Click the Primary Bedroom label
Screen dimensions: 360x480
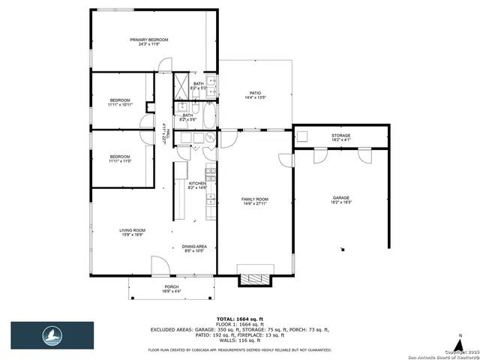tap(148, 42)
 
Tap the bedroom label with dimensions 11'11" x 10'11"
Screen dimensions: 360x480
tap(120, 103)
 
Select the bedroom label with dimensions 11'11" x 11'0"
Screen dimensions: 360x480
tap(120, 158)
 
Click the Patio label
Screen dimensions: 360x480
tap(255, 95)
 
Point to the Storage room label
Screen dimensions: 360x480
tap(341, 137)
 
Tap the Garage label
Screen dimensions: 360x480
tap(341, 200)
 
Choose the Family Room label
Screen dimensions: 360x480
tap(254, 200)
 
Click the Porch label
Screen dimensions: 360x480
tap(172, 289)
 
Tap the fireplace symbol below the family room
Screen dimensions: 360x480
tap(253, 280)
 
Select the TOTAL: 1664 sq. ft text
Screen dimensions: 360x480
tap(239, 319)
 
